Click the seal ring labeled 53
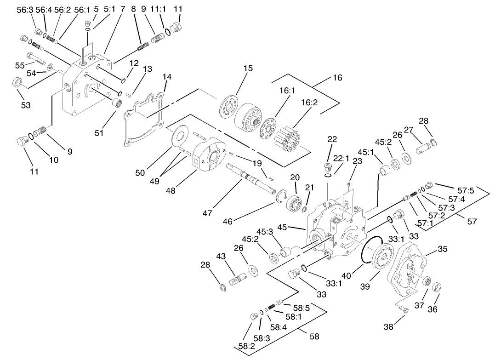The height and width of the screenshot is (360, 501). [x=17, y=83]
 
